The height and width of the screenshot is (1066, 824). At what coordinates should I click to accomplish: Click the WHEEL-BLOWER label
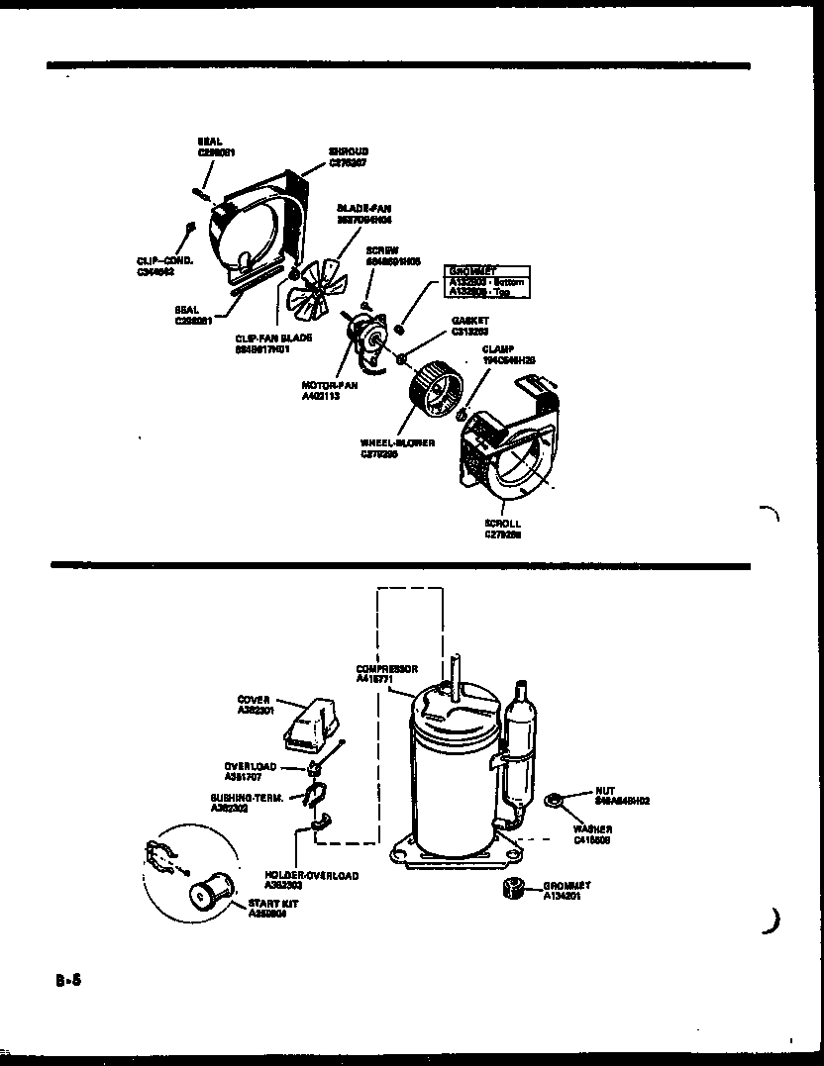tap(397, 449)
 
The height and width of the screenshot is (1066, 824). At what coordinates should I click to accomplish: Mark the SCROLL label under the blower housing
tap(502, 529)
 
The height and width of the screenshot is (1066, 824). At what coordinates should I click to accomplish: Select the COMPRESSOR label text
tap(386, 674)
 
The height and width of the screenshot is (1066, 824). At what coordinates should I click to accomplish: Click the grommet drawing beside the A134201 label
tap(513, 886)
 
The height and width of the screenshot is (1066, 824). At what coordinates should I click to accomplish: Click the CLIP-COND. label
tap(164, 266)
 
